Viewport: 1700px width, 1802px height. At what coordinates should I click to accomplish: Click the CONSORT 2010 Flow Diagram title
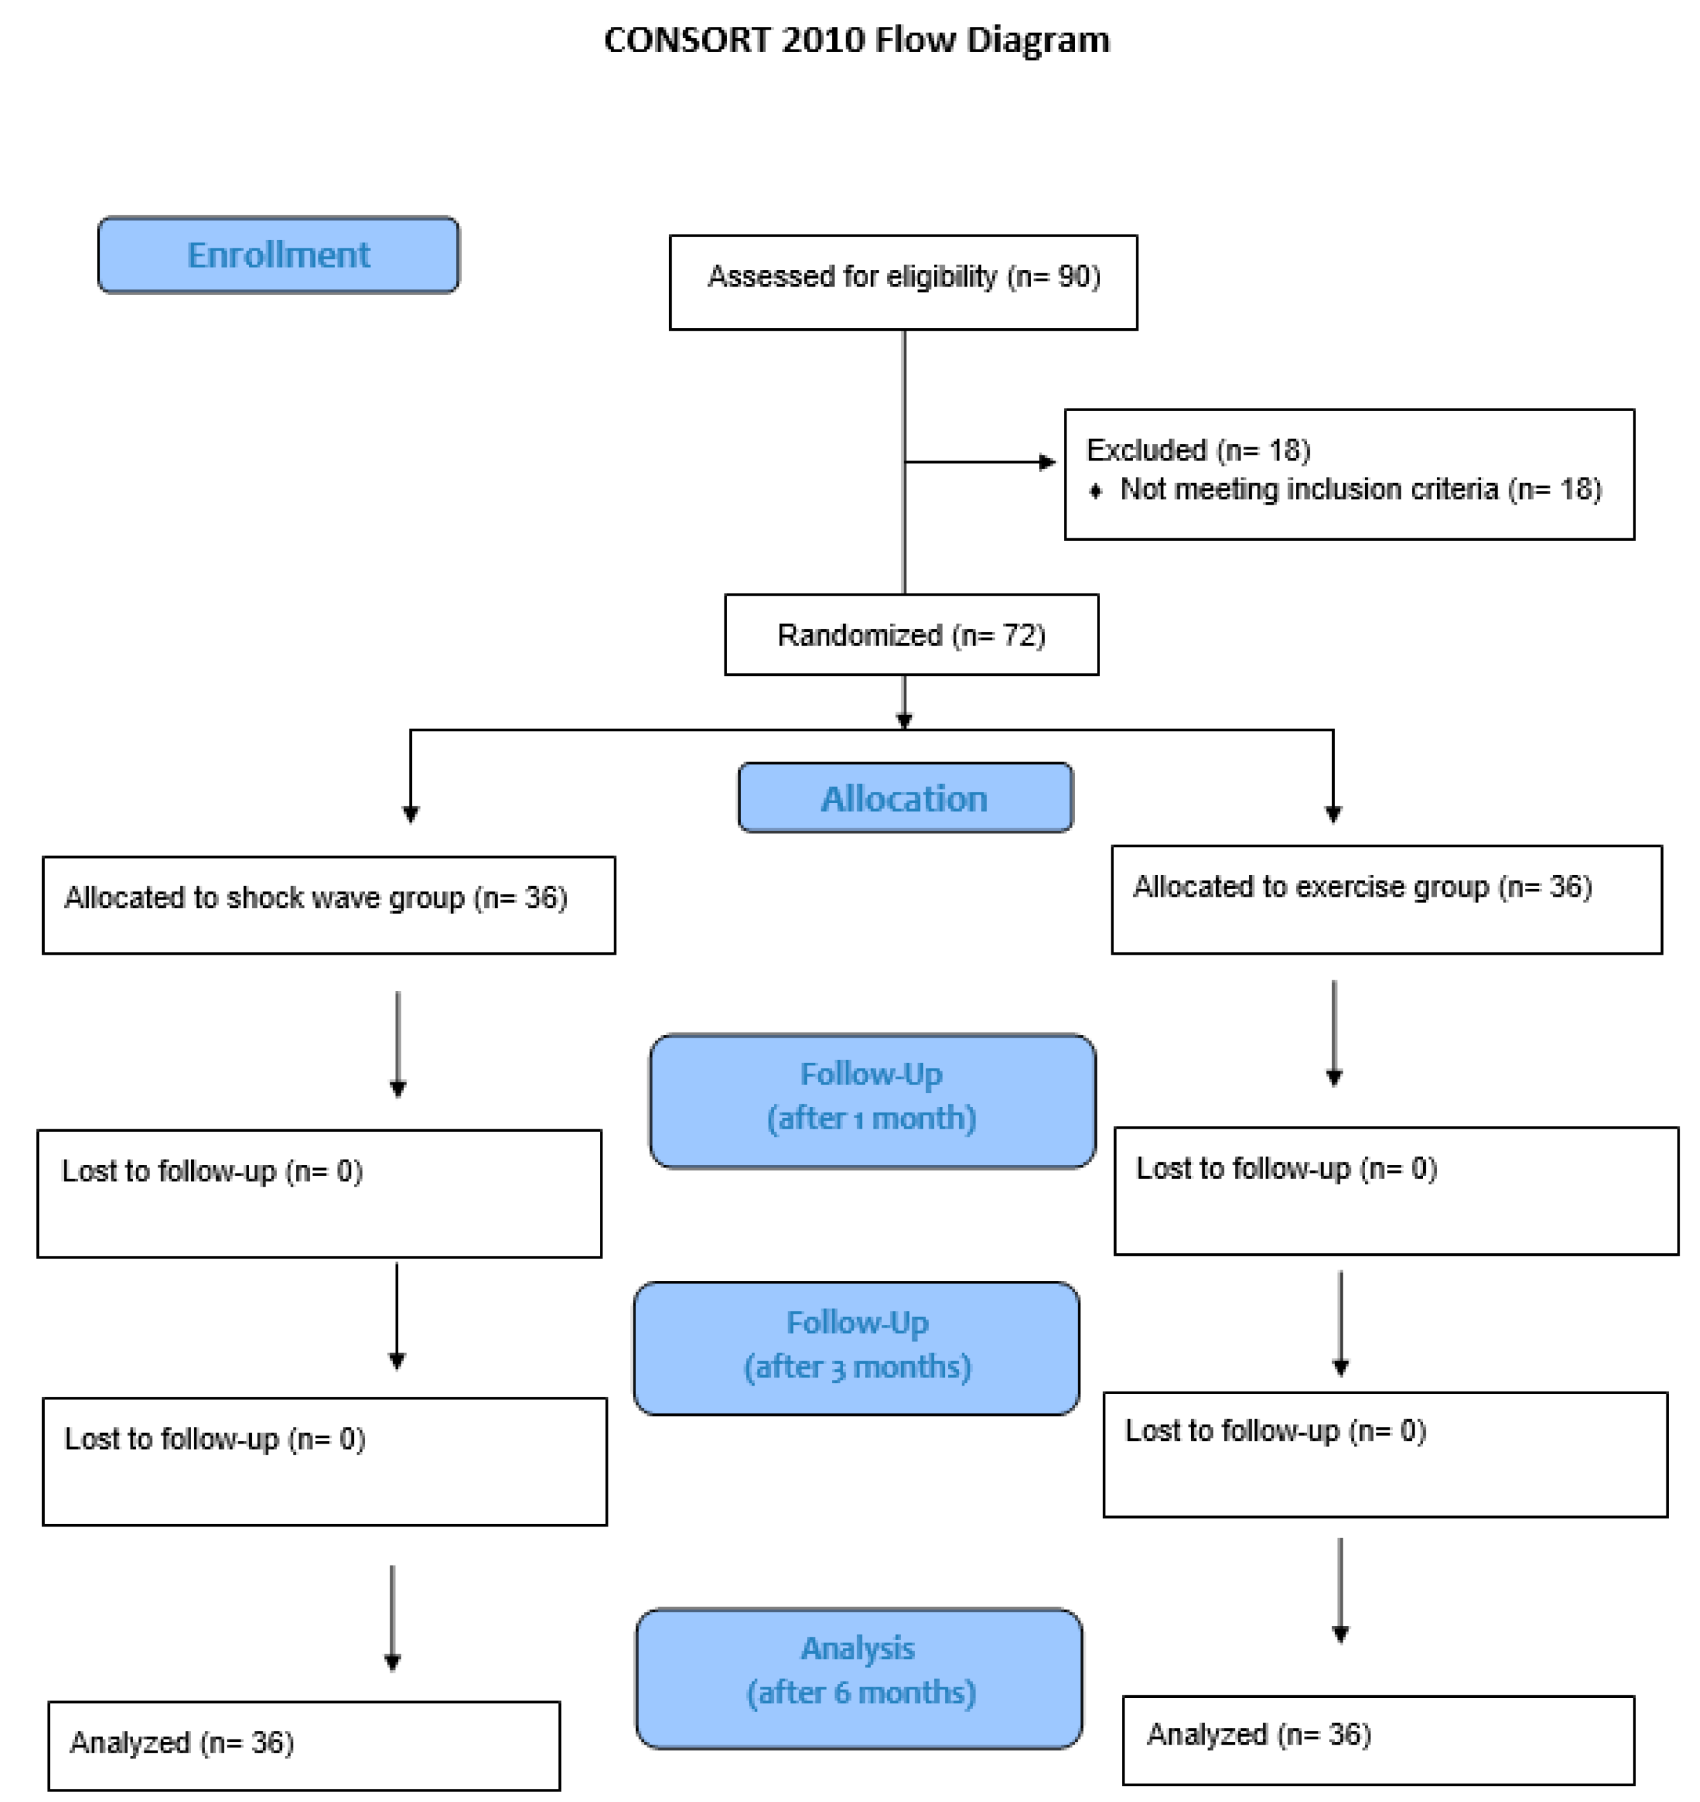point(856,41)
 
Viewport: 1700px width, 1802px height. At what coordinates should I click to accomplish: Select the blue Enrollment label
point(278,255)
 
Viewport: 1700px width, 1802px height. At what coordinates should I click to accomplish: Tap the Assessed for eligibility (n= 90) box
point(903,282)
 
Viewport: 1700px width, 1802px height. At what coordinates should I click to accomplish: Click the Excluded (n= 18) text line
point(1198,451)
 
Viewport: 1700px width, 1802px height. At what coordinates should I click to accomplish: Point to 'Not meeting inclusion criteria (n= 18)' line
point(1360,490)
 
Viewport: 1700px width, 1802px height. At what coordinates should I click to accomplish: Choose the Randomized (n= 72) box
point(911,634)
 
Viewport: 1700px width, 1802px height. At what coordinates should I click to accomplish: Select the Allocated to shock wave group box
point(328,905)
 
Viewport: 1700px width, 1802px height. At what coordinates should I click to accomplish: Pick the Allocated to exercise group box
point(1386,899)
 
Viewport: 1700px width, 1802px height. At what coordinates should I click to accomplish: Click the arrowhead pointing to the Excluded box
point(1047,463)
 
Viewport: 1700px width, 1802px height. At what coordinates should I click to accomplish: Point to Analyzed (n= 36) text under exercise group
point(1258,1734)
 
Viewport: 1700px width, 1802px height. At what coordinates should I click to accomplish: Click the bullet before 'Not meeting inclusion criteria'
point(1096,490)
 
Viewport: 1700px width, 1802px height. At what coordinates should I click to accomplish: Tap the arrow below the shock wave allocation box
point(397,1042)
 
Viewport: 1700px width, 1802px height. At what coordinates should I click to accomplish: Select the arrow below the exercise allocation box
point(1334,1032)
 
